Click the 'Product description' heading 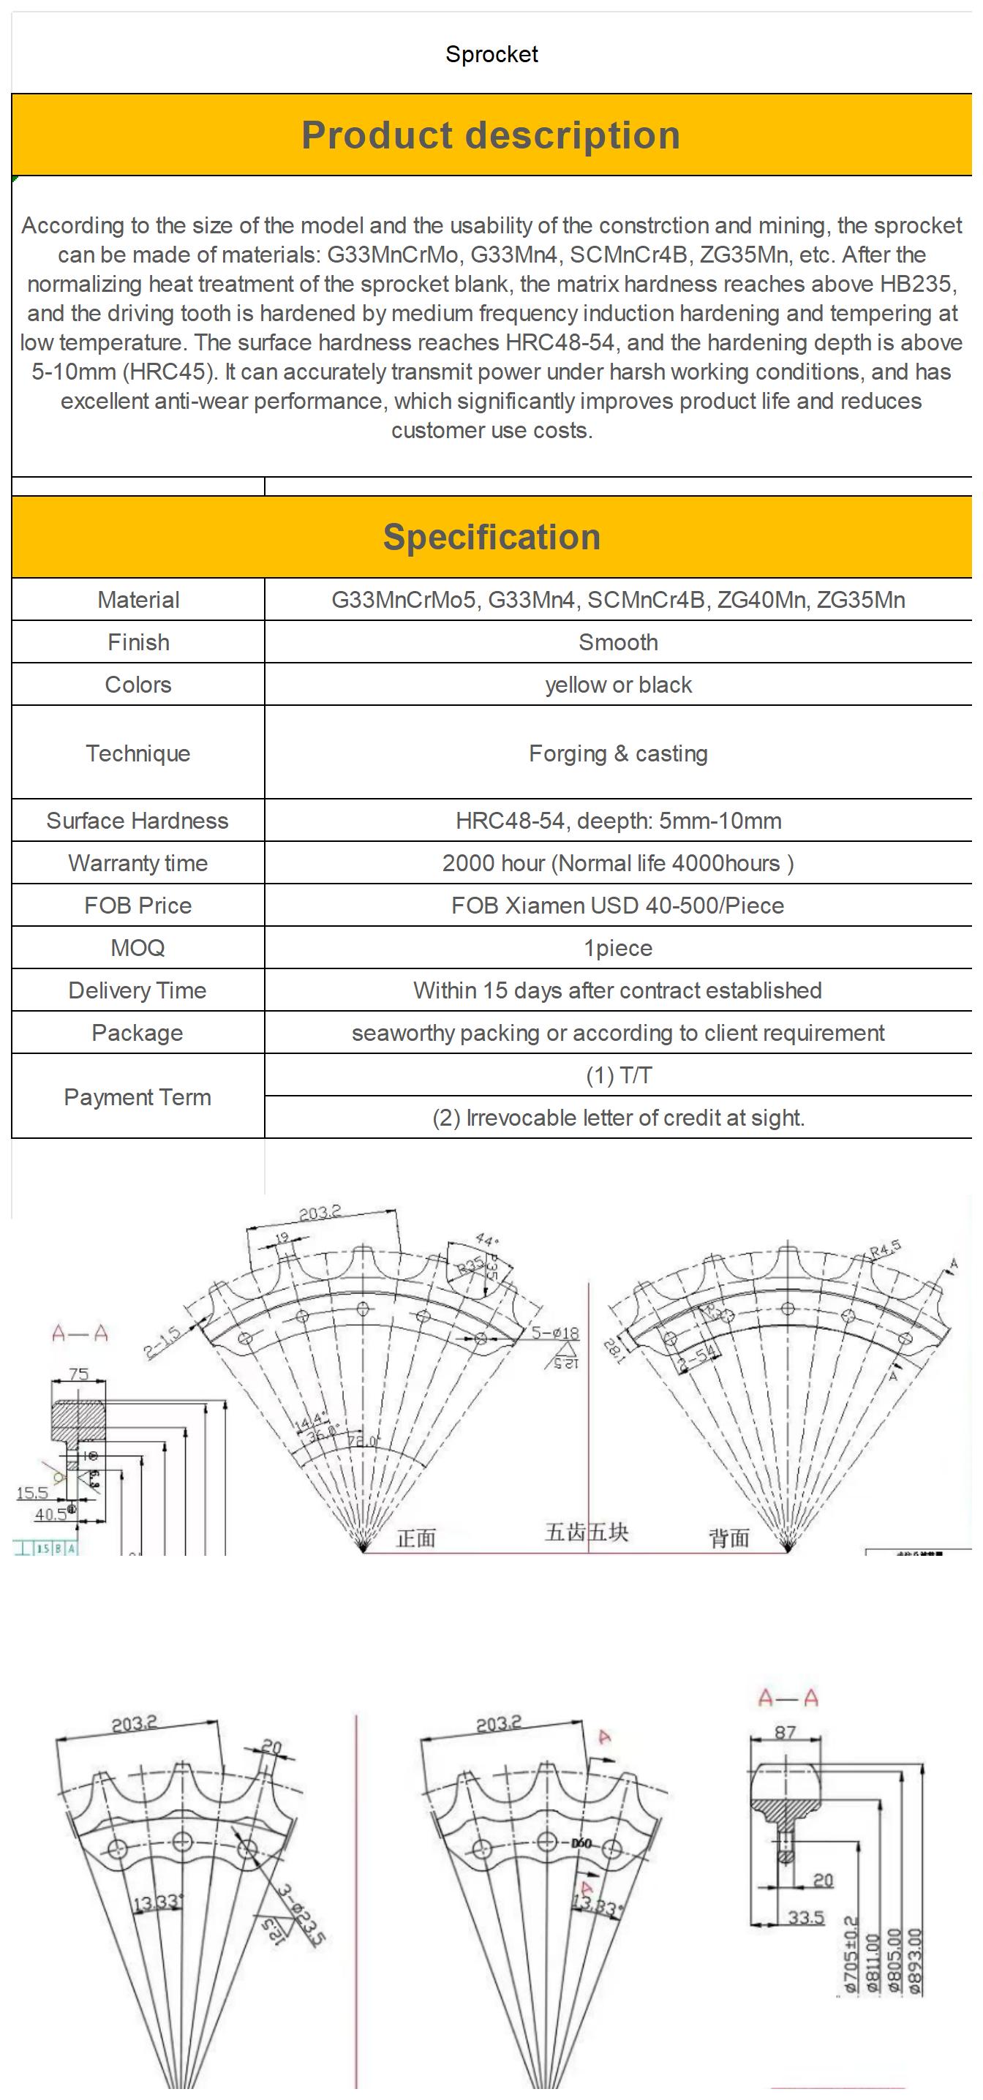pyautogui.click(x=491, y=135)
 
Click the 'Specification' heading pyautogui.click(x=491, y=537)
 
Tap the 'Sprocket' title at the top pyautogui.click(x=491, y=55)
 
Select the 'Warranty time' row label pyautogui.click(x=138, y=862)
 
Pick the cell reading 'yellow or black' pyautogui.click(x=618, y=685)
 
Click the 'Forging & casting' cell pyautogui.click(x=618, y=753)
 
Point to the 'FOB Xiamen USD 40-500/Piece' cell pyautogui.click(x=618, y=905)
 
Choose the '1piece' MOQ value pyautogui.click(x=618, y=948)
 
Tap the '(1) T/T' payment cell pyautogui.click(x=618, y=1075)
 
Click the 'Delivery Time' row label pyautogui.click(x=138, y=990)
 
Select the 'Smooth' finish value pyautogui.click(x=618, y=642)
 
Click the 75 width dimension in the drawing pyautogui.click(x=78, y=1374)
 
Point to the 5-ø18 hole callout pyautogui.click(x=555, y=1333)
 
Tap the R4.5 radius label pyautogui.click(x=885, y=1248)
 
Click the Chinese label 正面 pyautogui.click(x=415, y=1538)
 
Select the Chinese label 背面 pyautogui.click(x=728, y=1538)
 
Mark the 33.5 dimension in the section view pyautogui.click(x=805, y=1917)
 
